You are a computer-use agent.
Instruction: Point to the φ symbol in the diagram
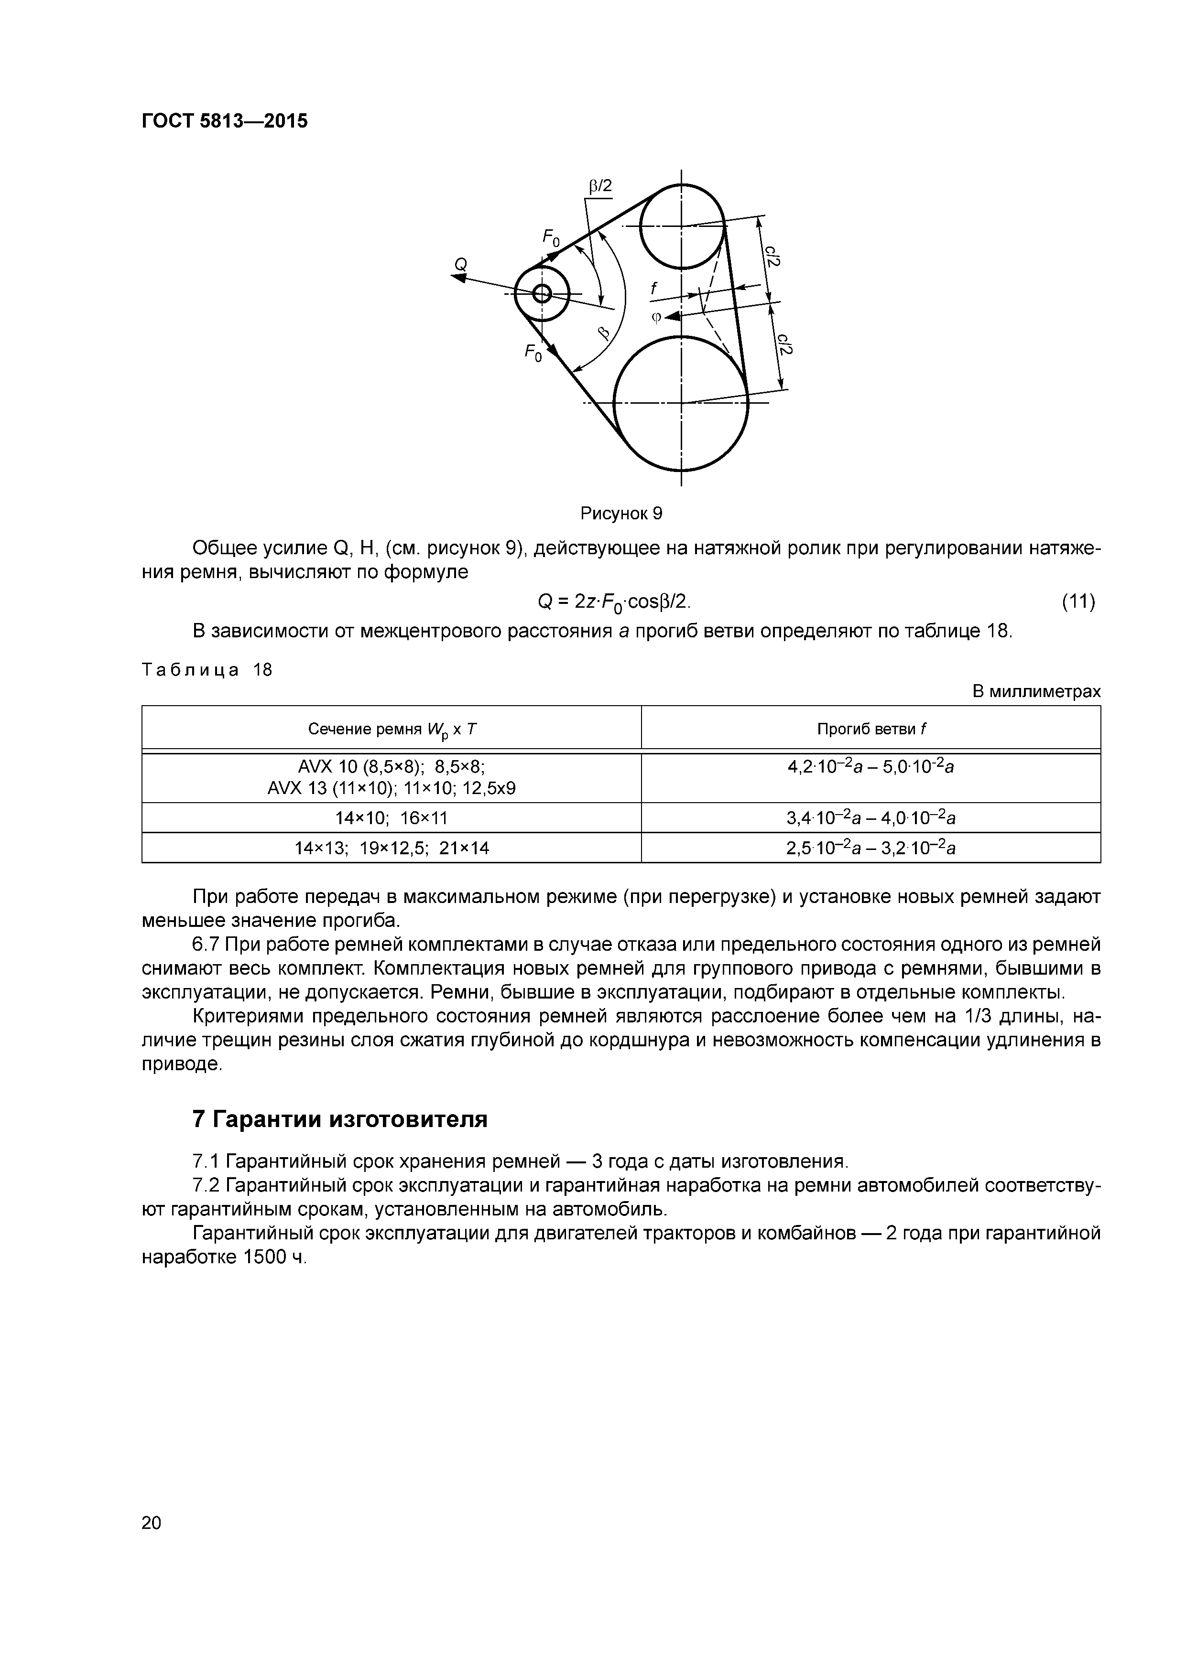[x=656, y=317]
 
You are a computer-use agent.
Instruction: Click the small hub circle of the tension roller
[x=542, y=293]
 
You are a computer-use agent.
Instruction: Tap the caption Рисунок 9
[x=621, y=513]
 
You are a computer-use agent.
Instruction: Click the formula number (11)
[x=1078, y=602]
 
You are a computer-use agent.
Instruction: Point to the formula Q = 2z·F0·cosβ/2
[x=613, y=602]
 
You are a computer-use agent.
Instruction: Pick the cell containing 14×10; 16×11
[x=392, y=817]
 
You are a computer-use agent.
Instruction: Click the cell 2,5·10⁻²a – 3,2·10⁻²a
[x=870, y=848]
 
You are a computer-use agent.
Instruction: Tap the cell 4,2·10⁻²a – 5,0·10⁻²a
[x=870, y=767]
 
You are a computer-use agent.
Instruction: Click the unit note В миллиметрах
[x=1035, y=691]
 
